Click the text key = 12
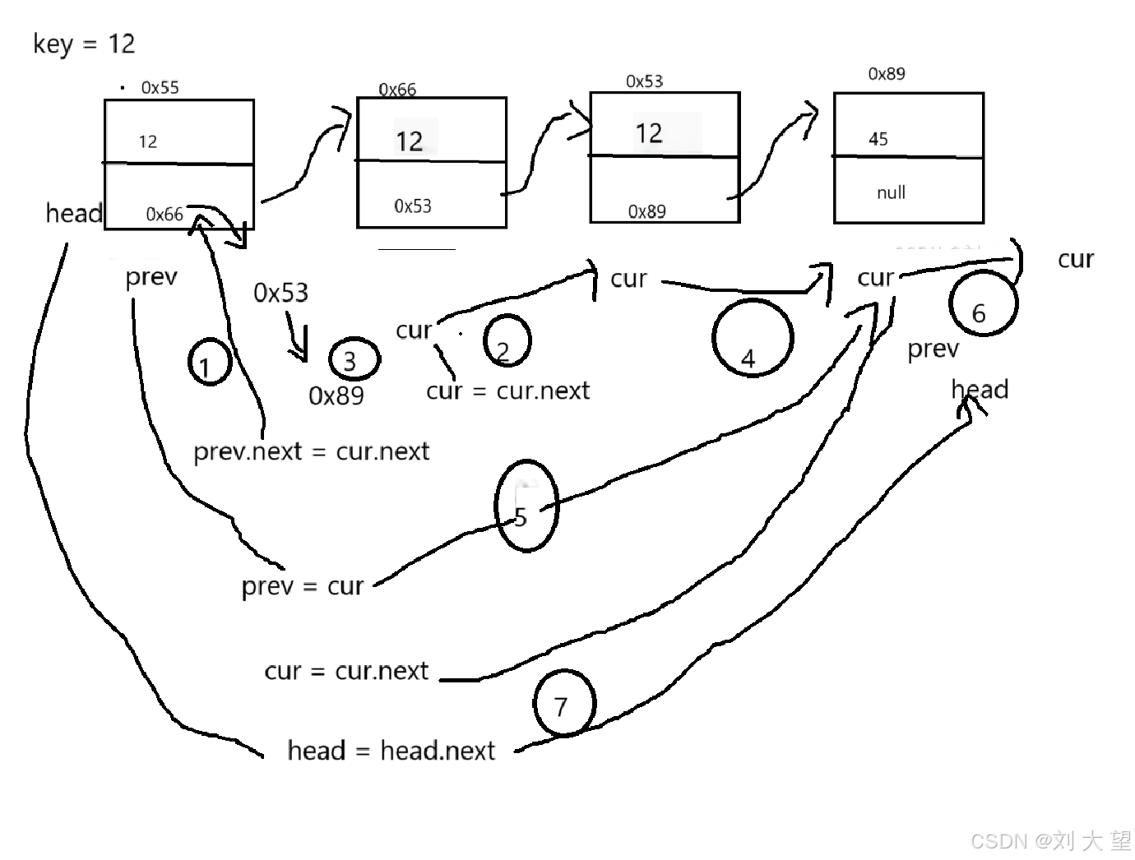tap(84, 44)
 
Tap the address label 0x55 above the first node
tap(160, 87)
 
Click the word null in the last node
tap(891, 192)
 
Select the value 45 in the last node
tap(878, 139)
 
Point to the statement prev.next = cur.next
tap(311, 451)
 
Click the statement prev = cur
tap(302, 586)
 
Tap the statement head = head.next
tap(391, 751)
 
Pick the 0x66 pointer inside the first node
tap(164, 215)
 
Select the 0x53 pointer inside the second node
tap(412, 206)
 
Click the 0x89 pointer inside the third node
tap(646, 211)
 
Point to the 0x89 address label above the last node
tap(887, 74)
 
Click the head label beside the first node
tap(74, 214)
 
